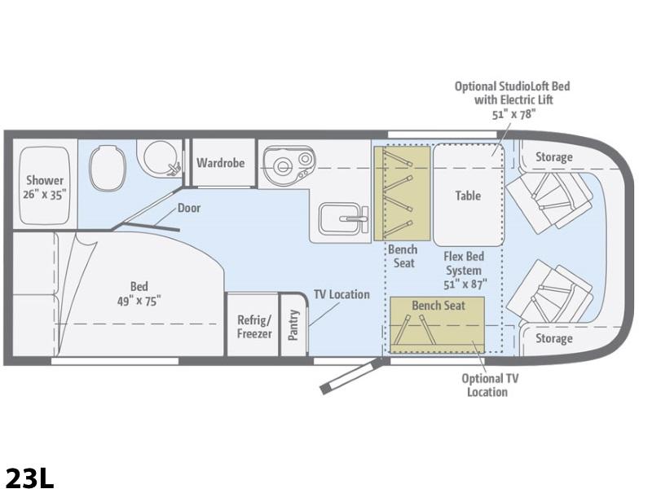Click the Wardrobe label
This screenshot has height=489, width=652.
[x=220, y=162]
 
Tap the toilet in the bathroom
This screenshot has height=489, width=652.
[x=107, y=168]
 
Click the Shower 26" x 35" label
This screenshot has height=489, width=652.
[x=45, y=187]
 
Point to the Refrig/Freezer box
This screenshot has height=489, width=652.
[x=252, y=324]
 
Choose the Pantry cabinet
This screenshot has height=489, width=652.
[x=293, y=324]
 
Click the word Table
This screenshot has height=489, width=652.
[x=468, y=196]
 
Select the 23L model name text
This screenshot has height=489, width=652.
[x=30, y=478]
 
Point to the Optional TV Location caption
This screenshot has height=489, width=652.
[x=490, y=385]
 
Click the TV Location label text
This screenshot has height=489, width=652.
[x=341, y=294]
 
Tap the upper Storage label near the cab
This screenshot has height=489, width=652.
[x=553, y=157]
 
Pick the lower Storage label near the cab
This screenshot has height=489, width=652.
[x=553, y=338]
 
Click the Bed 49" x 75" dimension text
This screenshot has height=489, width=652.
[x=139, y=293]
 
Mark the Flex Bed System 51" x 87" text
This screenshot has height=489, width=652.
[x=464, y=271]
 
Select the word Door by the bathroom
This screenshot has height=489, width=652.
[x=189, y=208]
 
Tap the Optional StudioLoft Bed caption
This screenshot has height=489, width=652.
[x=513, y=100]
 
